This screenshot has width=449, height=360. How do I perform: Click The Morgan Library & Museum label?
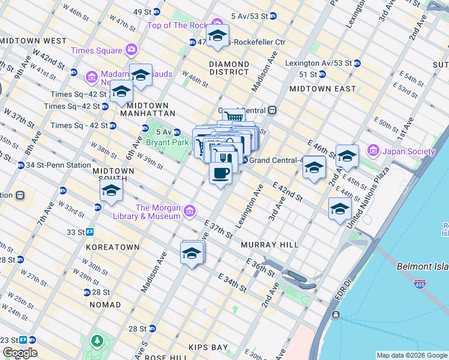158,212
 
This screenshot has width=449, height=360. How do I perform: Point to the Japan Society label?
408,151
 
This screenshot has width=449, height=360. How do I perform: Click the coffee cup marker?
220,173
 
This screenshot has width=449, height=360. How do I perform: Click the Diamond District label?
229,68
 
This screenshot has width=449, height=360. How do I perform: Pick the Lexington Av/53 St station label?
318,62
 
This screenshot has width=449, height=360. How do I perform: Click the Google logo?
20,352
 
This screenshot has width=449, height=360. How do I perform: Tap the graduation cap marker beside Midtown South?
111,191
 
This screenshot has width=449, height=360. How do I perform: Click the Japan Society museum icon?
373,149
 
